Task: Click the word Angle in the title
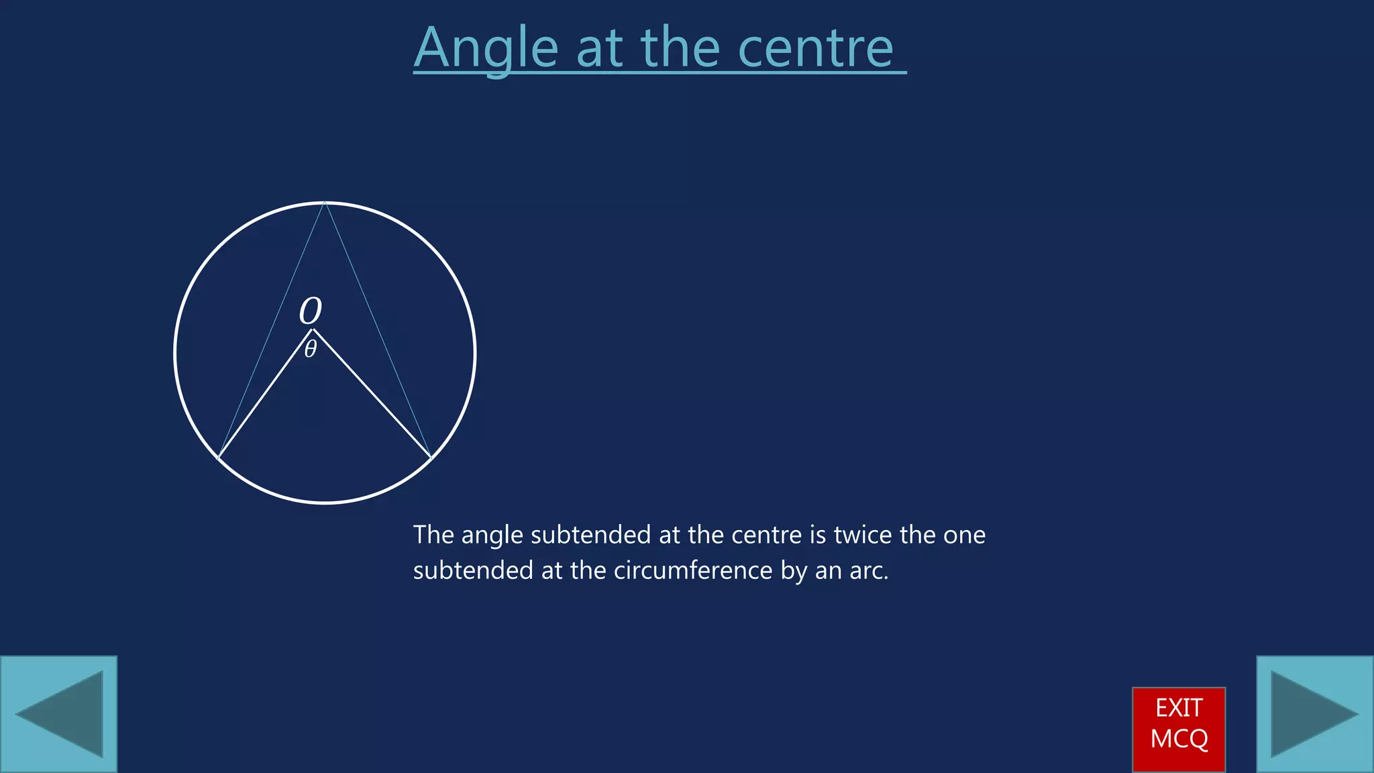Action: coord(486,48)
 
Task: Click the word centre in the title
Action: coord(815,48)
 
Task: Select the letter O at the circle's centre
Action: coord(310,311)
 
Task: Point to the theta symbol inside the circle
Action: coord(310,349)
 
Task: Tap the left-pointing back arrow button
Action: coord(59,714)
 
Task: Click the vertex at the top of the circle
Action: coord(325,202)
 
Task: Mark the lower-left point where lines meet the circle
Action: coord(219,458)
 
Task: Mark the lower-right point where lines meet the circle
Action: coord(431,458)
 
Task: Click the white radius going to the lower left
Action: coord(265,395)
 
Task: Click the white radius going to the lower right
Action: coord(372,395)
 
